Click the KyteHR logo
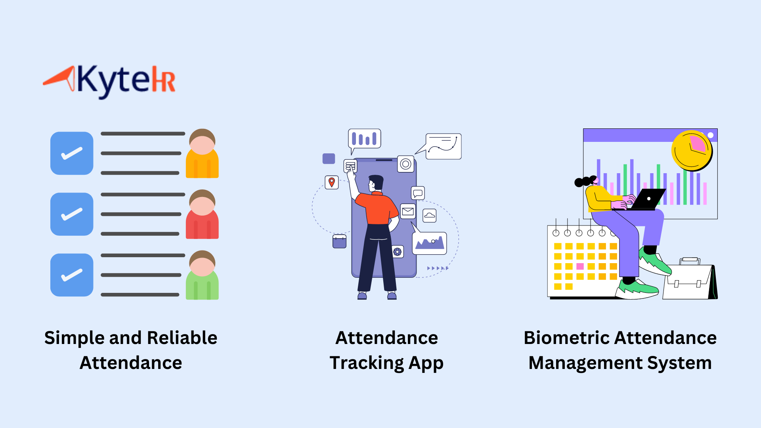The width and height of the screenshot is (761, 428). pos(109,81)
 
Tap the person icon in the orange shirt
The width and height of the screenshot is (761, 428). pos(202,154)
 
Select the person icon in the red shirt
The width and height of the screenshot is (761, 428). pos(202,215)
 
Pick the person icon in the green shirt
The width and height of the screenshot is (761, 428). pos(202,276)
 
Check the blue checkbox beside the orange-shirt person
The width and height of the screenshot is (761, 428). pos(72,153)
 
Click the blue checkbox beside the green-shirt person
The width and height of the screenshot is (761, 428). pos(72,275)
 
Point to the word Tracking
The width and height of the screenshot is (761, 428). pos(367,363)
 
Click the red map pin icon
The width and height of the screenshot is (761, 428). pos(332,182)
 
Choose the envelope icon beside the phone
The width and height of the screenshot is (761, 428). pos(408,211)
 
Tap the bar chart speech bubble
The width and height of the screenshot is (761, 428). pos(364,139)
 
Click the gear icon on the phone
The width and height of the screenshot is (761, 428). pos(398,252)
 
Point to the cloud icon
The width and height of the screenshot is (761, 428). pos(430,216)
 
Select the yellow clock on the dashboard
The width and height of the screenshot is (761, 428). pos(692,151)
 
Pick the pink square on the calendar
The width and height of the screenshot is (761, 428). pos(580,266)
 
